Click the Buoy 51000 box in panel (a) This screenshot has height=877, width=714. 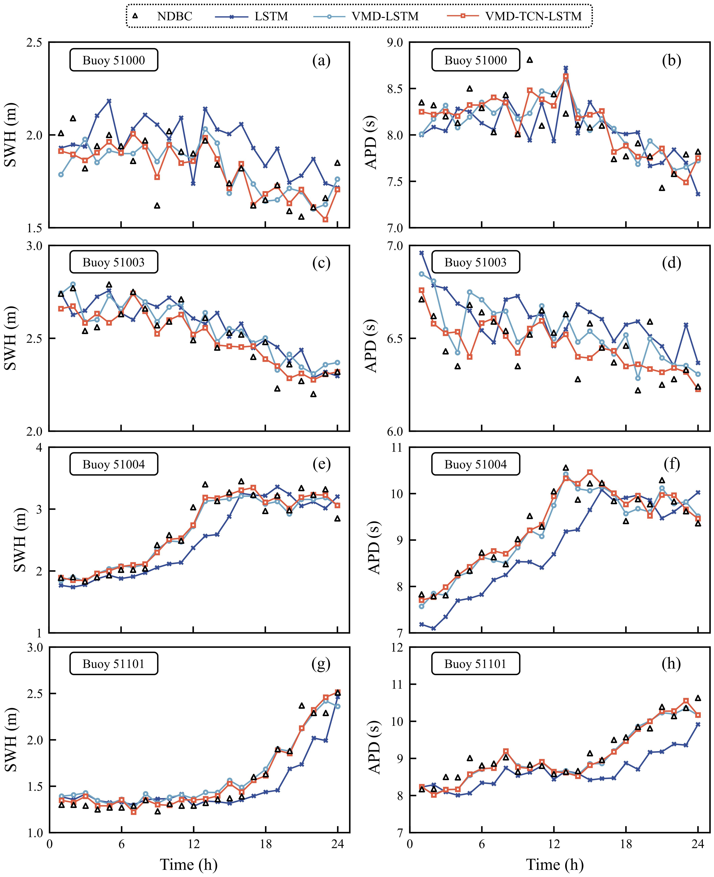(114, 60)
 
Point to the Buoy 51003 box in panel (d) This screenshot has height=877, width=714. (475, 262)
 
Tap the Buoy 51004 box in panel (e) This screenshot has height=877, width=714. (114, 464)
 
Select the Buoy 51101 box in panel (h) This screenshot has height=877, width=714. (475, 664)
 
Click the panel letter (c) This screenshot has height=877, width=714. (321, 262)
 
